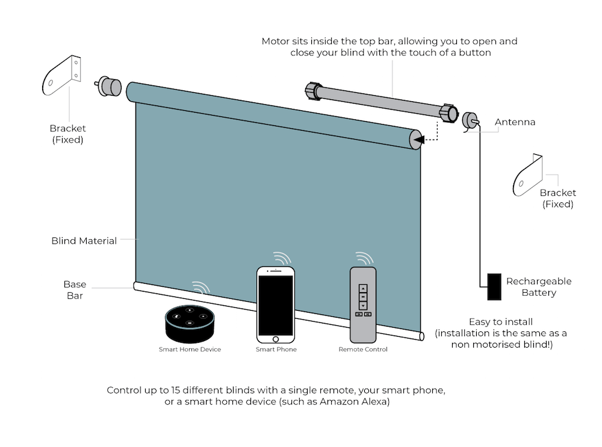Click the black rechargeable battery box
coord(494,287)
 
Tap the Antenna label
coord(515,122)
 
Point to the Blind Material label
coord(84,241)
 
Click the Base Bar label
coord(75,290)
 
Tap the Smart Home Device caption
coord(190,349)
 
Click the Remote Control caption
coord(363,349)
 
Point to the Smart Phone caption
coord(276,349)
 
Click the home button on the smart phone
coord(276,339)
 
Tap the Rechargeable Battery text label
coord(539,287)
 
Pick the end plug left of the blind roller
coord(109,86)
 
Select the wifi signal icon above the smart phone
coord(281,258)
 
